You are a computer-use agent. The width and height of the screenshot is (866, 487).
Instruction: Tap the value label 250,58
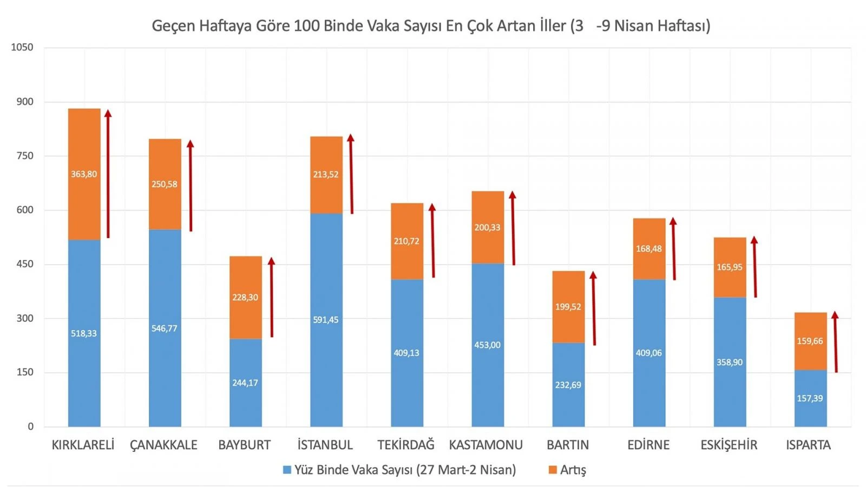tap(164, 184)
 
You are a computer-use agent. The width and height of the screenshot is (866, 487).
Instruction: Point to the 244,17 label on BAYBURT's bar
tap(245, 383)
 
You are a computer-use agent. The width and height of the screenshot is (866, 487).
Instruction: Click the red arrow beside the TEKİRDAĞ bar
tap(432, 241)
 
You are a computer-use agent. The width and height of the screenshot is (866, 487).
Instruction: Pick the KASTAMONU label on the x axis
tap(486, 445)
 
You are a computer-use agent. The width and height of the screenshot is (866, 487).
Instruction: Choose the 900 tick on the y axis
tap(24, 102)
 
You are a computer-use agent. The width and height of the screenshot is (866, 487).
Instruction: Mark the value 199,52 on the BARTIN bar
tap(568, 307)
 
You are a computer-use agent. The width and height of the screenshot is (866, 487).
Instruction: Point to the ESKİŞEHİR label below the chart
tap(729, 445)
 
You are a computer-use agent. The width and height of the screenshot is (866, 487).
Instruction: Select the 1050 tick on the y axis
tap(22, 47)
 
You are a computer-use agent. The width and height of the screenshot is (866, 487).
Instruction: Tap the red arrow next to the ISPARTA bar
tap(835, 342)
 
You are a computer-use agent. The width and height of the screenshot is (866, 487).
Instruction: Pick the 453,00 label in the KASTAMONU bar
tap(487, 345)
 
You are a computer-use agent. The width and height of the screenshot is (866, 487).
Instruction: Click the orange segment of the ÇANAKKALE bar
tap(165, 162)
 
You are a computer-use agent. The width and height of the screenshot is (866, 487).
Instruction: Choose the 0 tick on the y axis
tap(30, 426)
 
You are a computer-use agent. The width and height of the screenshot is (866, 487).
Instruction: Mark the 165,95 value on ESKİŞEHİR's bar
tap(729, 267)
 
